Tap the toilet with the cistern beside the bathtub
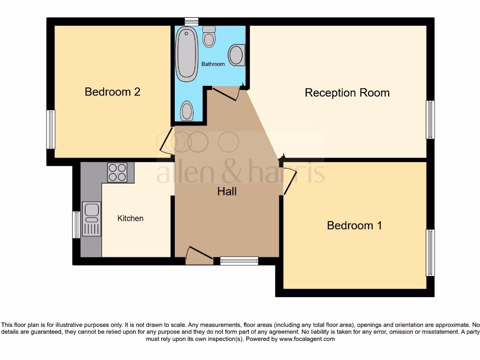209,37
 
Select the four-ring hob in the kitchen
117,172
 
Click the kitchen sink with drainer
91,218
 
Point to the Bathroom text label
213,64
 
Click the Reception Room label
347,93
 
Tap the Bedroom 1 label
354,225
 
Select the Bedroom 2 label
112,92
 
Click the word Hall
227,191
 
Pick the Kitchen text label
130,218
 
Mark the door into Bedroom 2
165,140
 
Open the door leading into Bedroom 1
289,182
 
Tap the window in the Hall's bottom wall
239,261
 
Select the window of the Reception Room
430,120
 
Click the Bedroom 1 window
430,253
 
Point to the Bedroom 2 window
51,129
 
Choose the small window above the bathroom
191,21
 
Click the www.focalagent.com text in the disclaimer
307,339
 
